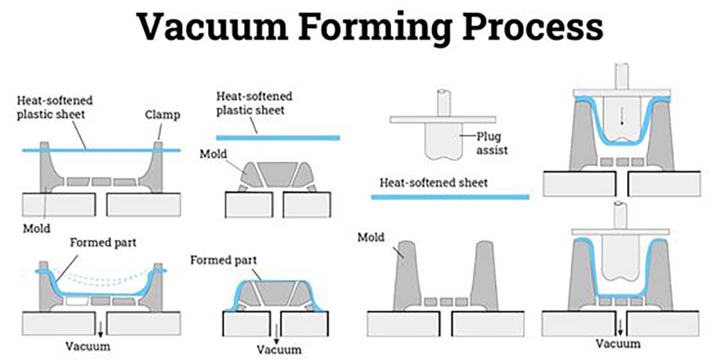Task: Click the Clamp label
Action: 163,115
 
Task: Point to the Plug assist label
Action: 492,143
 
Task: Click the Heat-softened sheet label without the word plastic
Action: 433,183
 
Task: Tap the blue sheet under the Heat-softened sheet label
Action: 450,197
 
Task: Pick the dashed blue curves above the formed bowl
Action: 101,275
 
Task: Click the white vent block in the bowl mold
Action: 77,301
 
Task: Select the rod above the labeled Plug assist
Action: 443,103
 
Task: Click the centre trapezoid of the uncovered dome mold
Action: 277,174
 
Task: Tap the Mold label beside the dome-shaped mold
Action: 213,154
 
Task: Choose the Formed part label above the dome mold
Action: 223,261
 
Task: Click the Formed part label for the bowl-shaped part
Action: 103,242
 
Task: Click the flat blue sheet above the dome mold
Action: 278,138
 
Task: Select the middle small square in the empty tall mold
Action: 446,302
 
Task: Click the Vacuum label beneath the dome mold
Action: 279,349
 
